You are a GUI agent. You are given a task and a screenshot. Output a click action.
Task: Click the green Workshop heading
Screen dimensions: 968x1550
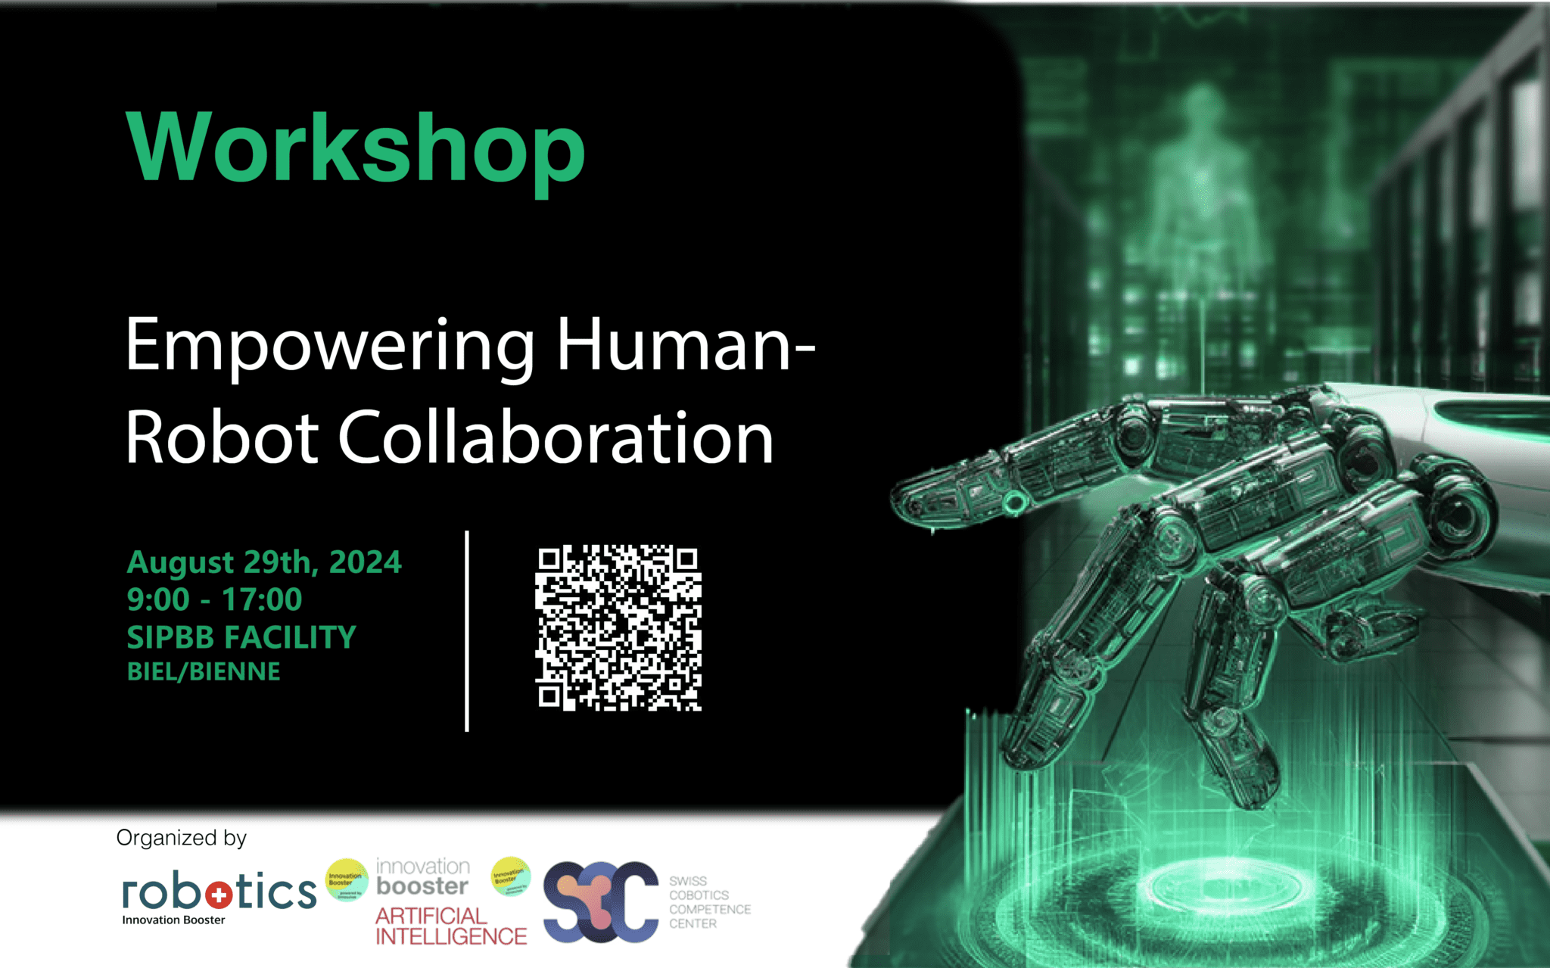(x=356, y=148)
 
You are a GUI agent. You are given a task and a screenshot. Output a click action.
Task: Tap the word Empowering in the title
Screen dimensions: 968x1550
(x=330, y=345)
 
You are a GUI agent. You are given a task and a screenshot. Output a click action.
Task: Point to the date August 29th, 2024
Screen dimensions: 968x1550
(x=264, y=562)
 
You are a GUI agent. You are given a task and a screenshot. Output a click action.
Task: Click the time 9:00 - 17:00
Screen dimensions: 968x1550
(x=214, y=599)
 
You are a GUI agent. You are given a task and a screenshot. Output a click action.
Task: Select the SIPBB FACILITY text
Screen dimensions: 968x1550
(x=241, y=637)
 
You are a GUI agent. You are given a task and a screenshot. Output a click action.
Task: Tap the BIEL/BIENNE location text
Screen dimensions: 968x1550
(x=204, y=671)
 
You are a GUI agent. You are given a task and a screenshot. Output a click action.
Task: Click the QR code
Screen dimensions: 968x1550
(x=618, y=627)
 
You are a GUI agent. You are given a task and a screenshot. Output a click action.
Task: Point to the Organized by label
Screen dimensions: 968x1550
(x=182, y=838)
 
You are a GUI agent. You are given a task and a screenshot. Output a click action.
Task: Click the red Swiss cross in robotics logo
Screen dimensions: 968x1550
(x=219, y=895)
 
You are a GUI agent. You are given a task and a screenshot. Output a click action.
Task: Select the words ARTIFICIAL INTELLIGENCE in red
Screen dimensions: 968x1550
(x=450, y=926)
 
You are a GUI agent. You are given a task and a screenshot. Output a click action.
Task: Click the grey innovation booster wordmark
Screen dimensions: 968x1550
(x=422, y=876)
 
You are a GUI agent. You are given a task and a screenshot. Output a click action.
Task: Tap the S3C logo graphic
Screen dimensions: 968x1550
(x=601, y=901)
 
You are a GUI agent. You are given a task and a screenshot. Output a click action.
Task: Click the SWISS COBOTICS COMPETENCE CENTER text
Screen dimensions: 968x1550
(x=709, y=902)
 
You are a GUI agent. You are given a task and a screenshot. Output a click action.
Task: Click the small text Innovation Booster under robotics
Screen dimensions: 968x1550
(x=173, y=920)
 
